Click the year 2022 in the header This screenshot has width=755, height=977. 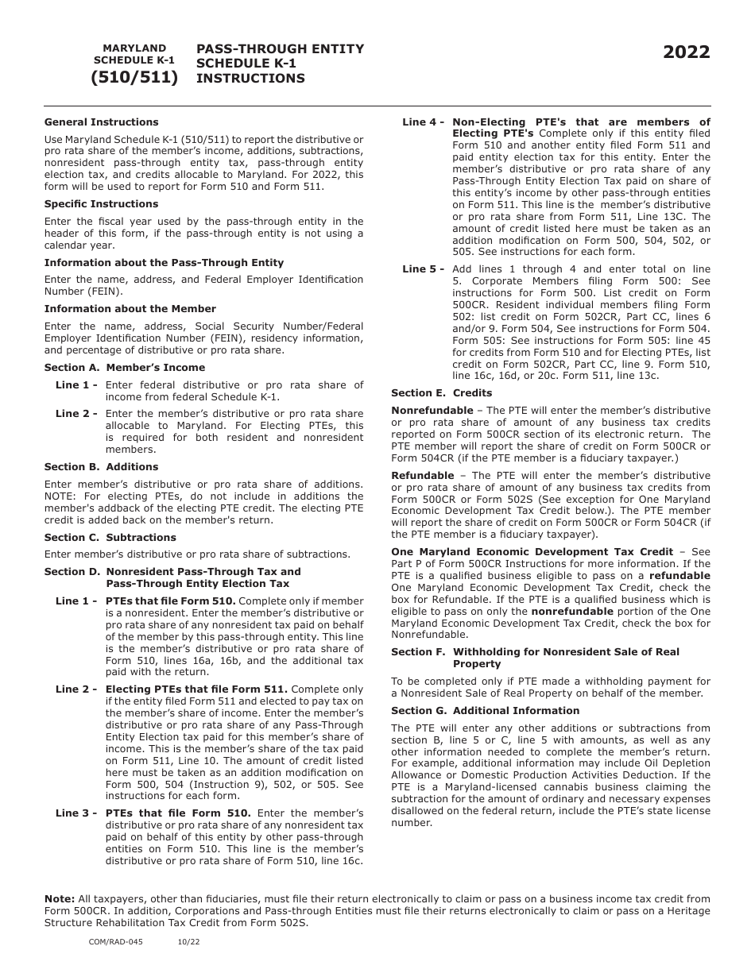(x=687, y=52)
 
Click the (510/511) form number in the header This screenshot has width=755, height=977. (x=134, y=78)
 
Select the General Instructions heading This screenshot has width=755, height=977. (x=101, y=122)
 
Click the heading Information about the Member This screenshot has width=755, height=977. (x=130, y=309)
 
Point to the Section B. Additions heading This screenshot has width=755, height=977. (x=101, y=467)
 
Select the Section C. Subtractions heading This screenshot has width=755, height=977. (x=110, y=538)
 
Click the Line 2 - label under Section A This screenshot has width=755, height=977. (x=76, y=414)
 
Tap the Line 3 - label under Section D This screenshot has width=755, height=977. (x=76, y=813)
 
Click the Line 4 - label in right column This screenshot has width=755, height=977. (x=423, y=122)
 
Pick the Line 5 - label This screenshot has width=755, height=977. (x=423, y=269)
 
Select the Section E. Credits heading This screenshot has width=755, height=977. (x=441, y=393)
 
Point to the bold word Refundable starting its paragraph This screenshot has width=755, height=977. (x=422, y=476)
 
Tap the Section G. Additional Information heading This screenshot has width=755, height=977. (x=485, y=711)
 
